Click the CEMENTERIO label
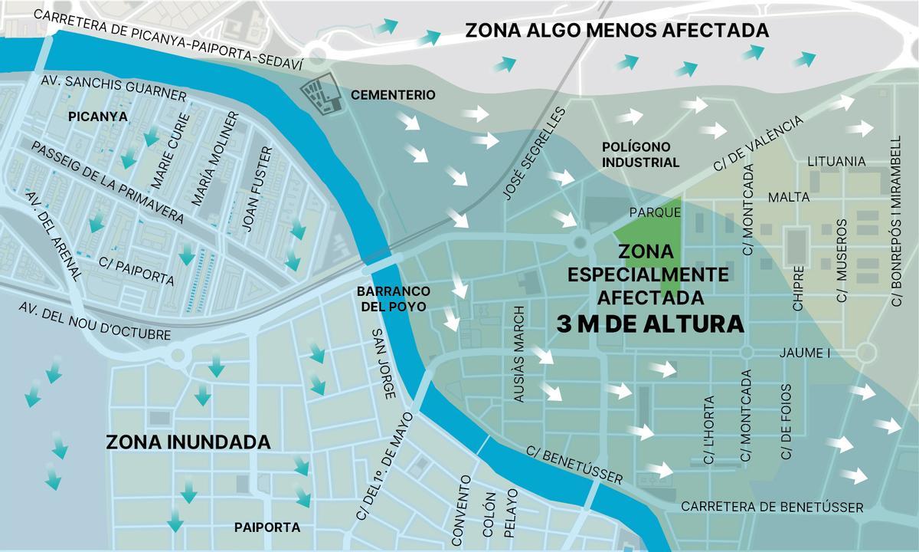(393, 95)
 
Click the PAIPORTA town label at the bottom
(267, 527)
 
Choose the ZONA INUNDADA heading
(188, 442)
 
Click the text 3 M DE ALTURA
(650, 324)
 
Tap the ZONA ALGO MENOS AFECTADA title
(617, 31)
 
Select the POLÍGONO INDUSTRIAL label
(640, 154)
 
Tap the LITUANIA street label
(836, 162)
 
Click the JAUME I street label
(804, 353)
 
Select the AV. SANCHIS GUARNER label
(113, 87)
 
